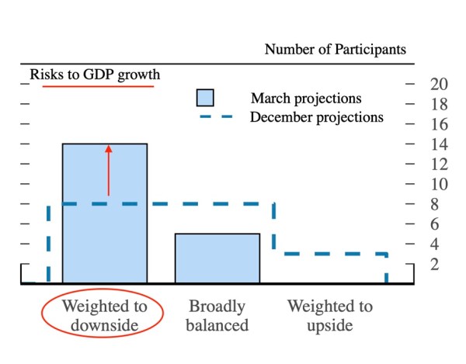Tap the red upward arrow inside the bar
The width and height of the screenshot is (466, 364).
[109, 169]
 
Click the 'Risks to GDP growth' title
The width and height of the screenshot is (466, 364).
[95, 75]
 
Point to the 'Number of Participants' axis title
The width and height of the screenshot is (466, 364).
[335, 50]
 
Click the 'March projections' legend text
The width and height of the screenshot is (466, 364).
[305, 99]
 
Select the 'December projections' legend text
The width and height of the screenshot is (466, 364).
[316, 118]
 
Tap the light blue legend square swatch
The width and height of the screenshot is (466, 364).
[204, 98]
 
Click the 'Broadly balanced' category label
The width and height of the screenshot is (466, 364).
[217, 315]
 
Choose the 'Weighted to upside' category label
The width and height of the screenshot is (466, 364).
[330, 315]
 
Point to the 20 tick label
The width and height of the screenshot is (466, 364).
[438, 84]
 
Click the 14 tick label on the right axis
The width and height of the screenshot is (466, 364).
[438, 144]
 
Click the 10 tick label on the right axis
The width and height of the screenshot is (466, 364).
[438, 184]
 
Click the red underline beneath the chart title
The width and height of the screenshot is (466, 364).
[98, 85]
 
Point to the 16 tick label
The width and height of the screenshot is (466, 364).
[438, 124]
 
